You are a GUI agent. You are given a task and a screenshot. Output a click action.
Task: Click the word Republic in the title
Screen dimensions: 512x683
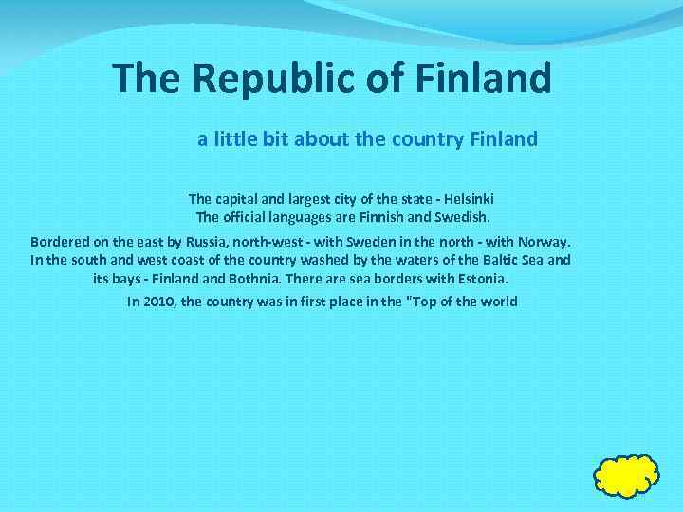[x=249, y=78]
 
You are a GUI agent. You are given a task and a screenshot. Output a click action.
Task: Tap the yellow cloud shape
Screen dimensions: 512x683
[x=627, y=475]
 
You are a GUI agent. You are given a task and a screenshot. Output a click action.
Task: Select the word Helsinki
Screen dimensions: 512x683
[x=466, y=199]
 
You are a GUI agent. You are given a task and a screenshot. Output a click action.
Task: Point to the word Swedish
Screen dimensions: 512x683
[x=458, y=216]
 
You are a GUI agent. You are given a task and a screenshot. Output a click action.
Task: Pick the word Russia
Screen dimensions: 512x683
[x=211, y=241]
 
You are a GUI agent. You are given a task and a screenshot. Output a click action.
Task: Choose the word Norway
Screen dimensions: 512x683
[x=545, y=241]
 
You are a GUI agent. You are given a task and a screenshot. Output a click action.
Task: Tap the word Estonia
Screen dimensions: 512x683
[x=481, y=279]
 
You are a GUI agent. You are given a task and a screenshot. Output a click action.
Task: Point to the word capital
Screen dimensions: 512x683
[x=238, y=199]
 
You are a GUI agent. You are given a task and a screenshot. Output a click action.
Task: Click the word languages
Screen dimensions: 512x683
[x=293, y=216]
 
